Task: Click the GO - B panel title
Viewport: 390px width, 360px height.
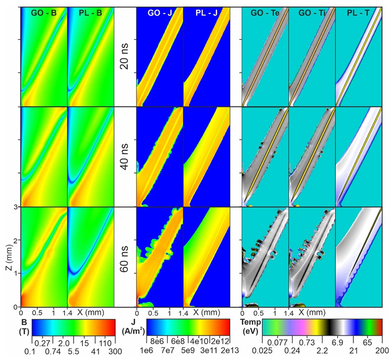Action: [x=44, y=13]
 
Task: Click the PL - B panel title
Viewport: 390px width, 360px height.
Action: [x=91, y=13]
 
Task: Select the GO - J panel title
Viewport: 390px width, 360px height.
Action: [x=160, y=13]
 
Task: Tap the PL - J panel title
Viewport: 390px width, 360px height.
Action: [x=207, y=13]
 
